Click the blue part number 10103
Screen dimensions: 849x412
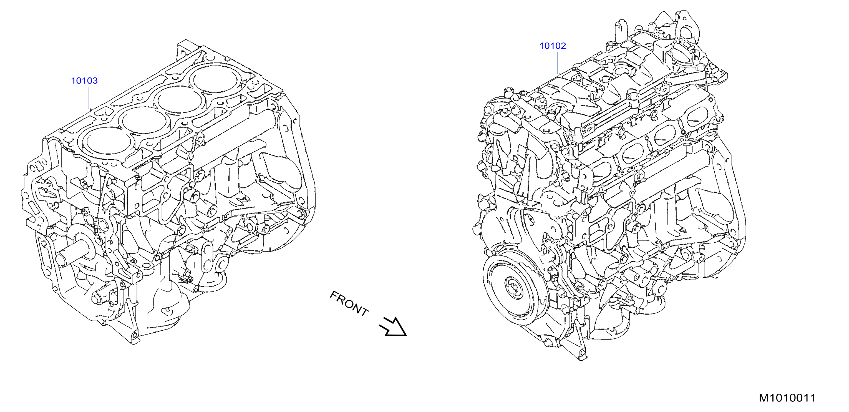(x=84, y=81)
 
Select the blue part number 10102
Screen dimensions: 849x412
(x=552, y=46)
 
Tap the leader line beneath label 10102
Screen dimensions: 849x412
(x=557, y=63)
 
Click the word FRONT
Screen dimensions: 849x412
(x=349, y=303)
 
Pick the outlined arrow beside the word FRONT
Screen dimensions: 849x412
(x=393, y=327)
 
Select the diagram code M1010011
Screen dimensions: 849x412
(x=787, y=398)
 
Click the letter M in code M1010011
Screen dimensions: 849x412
(x=764, y=398)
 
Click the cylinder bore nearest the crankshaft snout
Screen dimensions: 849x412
(x=106, y=143)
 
